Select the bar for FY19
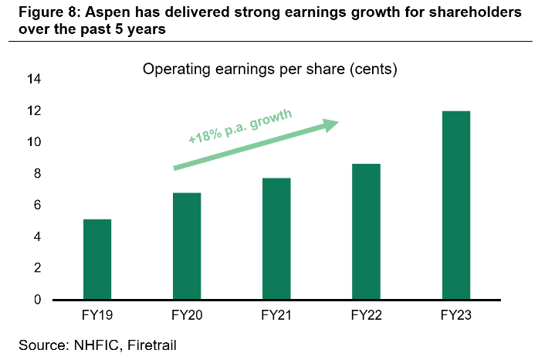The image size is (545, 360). tap(97, 260)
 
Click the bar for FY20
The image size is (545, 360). tap(187, 246)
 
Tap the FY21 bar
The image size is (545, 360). tap(276, 239)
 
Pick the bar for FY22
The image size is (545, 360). tap(366, 232)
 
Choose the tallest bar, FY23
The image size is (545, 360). tap(455, 205)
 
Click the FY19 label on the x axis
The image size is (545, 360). tap(97, 315)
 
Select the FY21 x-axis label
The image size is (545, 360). tap(276, 315)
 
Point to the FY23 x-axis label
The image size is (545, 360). tap(455, 315)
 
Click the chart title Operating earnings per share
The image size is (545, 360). tap(269, 70)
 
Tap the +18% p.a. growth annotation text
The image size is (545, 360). tap(240, 127)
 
